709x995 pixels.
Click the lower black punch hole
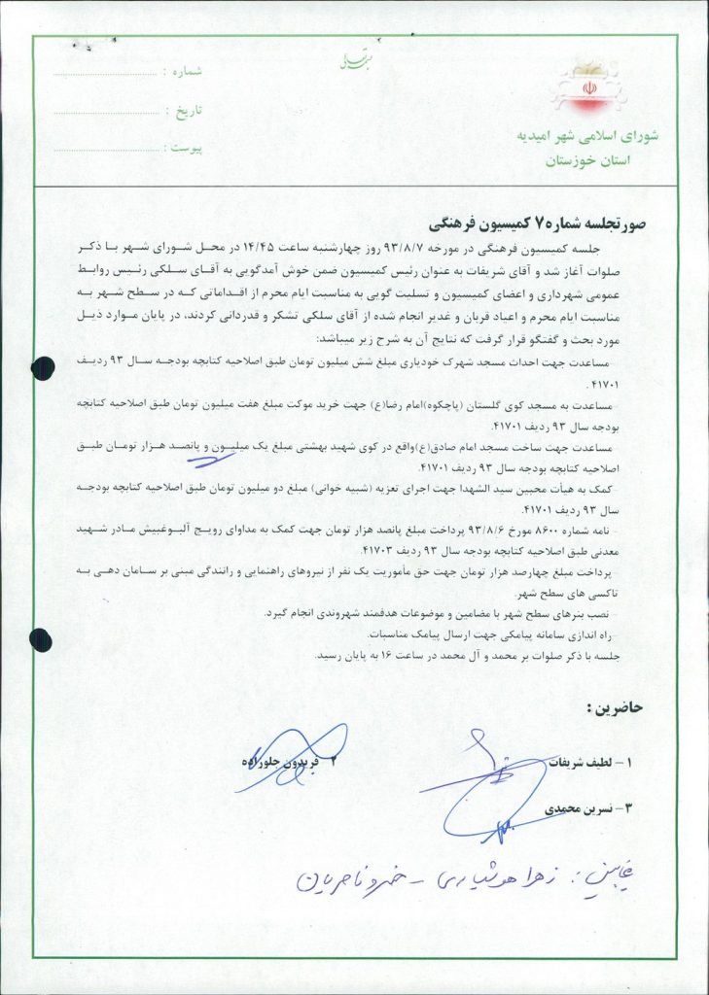41,638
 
